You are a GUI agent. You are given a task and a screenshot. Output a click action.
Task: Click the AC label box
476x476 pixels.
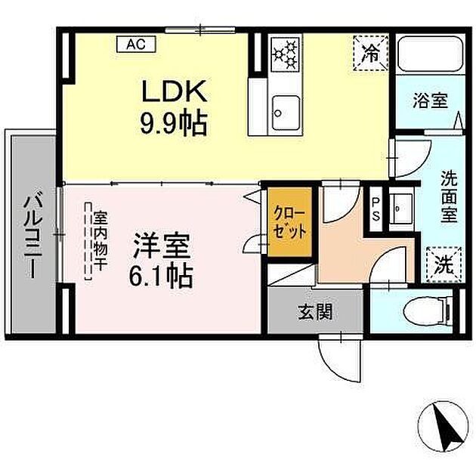click(136, 45)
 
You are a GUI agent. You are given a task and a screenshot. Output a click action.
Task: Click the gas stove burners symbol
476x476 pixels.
click(286, 53)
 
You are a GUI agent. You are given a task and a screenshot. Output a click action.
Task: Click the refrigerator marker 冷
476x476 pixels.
click(371, 52)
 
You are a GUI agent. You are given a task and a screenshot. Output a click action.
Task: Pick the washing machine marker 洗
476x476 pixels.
click(444, 264)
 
